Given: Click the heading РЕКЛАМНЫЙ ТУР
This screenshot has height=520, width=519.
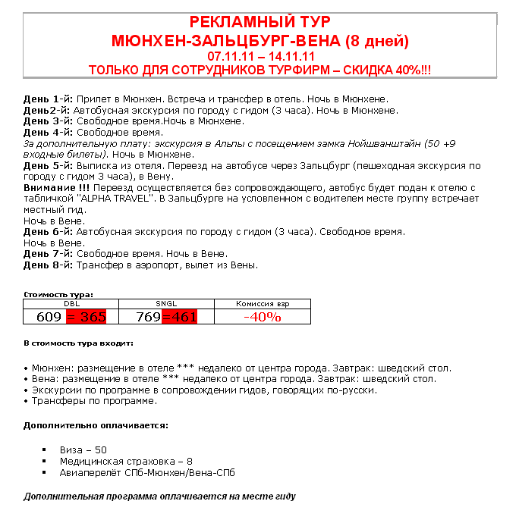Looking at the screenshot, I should tap(259, 21).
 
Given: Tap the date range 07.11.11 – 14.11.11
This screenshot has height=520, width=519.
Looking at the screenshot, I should tap(259, 56).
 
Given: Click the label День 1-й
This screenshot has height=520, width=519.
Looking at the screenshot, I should tap(48, 99).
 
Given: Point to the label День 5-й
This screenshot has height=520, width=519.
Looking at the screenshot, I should tap(48, 165).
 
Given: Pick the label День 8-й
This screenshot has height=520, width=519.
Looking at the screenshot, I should tap(48, 265).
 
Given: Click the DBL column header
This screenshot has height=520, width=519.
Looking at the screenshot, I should tap(71, 303).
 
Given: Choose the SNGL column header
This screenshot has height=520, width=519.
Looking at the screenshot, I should tap(166, 303).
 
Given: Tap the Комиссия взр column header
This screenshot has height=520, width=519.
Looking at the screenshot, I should tap(263, 303).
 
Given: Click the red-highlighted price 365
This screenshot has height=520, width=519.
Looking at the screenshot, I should tap(88, 317).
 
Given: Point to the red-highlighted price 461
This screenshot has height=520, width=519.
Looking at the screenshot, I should tap(180, 317).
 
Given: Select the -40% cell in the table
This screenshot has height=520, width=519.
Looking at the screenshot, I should tap(263, 317).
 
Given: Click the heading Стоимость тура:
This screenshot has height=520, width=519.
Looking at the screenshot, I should tap(58, 294).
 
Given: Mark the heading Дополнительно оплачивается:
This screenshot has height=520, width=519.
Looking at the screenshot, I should tap(96, 425).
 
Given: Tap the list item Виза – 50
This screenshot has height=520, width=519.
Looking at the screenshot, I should tap(83, 450).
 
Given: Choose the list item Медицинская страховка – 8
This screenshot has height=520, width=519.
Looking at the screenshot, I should tap(126, 461).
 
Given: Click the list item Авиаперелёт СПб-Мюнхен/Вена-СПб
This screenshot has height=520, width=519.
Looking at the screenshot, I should tap(147, 472).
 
